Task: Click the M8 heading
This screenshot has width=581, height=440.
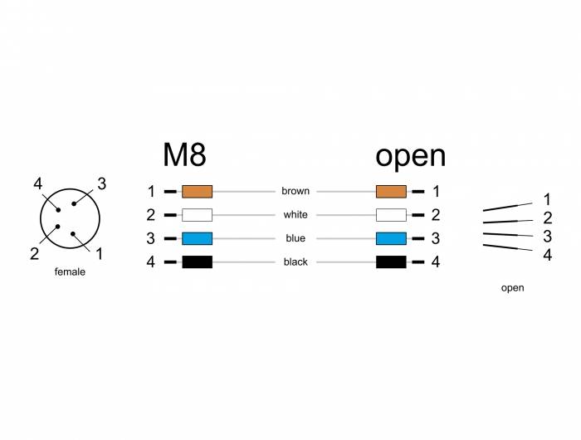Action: point(184,155)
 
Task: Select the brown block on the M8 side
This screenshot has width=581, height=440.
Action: point(198,192)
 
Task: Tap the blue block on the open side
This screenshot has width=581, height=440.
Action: point(391,238)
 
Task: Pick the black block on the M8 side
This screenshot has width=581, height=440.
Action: point(198,262)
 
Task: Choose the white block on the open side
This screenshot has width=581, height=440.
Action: point(391,215)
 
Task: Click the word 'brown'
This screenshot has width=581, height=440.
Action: point(295,191)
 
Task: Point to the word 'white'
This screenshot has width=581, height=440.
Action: point(295,215)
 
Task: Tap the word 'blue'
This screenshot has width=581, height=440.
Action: point(295,238)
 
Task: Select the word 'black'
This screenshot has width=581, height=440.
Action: point(295,262)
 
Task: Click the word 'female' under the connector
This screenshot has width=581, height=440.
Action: point(70,271)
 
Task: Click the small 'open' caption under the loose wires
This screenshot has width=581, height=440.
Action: point(512,288)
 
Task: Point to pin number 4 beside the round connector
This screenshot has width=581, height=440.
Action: point(38,183)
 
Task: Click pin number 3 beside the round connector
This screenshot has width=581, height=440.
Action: point(101,183)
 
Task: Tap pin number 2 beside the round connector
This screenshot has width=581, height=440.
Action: point(35,254)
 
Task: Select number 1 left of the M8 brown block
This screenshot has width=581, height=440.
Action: point(151,192)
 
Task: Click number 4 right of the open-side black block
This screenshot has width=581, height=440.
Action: point(436,262)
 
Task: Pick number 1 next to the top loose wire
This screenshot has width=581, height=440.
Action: point(547,199)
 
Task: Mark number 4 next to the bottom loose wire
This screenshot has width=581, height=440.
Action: point(548,255)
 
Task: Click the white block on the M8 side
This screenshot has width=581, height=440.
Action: point(198,215)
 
